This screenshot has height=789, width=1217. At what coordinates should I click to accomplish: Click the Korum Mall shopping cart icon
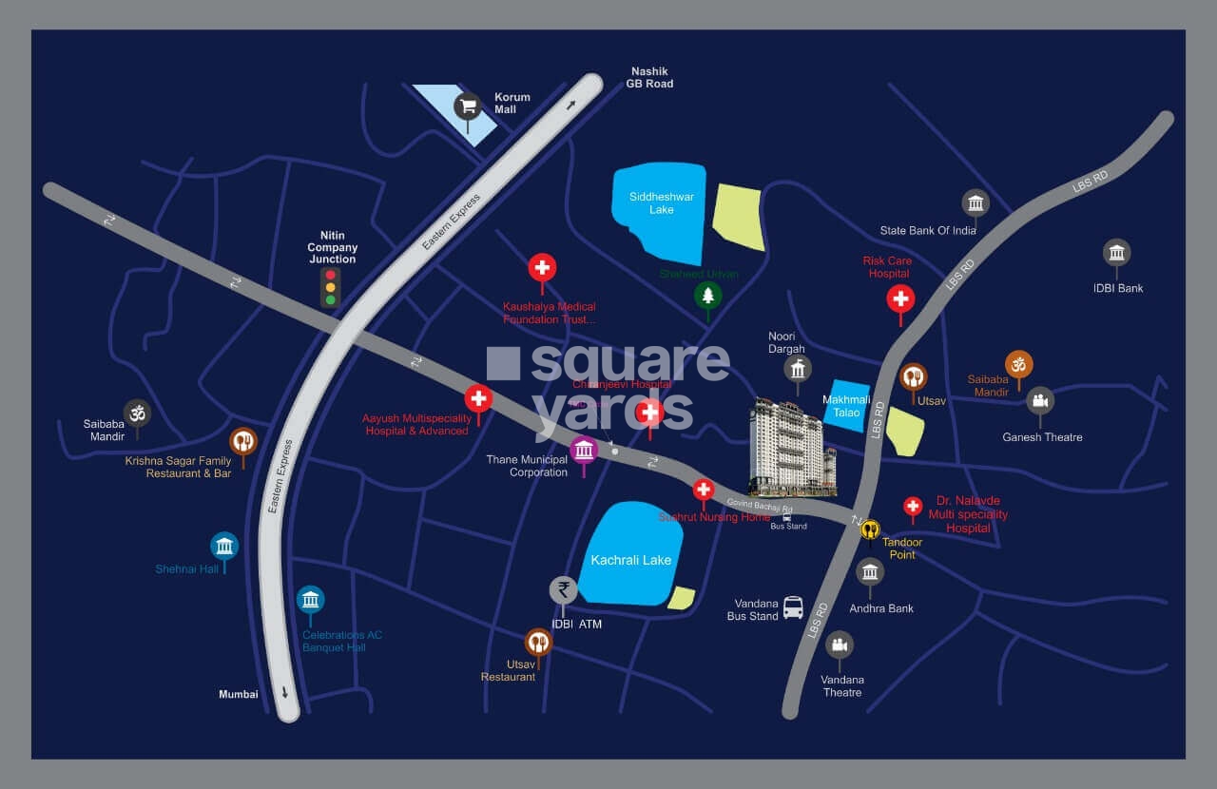[x=467, y=106]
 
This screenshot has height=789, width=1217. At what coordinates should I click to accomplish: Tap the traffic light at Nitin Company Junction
[x=330, y=287]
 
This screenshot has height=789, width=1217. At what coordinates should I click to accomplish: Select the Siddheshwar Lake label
[x=661, y=202]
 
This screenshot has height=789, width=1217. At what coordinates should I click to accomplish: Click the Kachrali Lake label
[x=630, y=560]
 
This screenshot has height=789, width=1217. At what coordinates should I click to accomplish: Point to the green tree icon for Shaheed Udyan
[x=706, y=296]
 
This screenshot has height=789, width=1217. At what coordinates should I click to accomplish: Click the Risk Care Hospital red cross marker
[x=900, y=298]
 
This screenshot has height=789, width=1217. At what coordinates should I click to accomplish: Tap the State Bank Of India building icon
[x=975, y=202]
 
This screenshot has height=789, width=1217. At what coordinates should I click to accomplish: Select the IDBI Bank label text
[x=1118, y=288]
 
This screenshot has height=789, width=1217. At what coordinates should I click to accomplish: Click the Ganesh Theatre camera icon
[x=1040, y=399]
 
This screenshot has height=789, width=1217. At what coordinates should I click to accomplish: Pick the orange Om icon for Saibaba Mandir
[x=1018, y=364]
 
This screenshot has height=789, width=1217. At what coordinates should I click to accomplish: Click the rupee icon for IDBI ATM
[x=564, y=590]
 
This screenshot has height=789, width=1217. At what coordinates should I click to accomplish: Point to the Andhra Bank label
[x=880, y=608]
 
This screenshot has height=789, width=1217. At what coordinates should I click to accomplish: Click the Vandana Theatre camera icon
[x=839, y=645]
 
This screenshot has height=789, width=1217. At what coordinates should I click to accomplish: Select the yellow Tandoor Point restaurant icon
[x=870, y=529]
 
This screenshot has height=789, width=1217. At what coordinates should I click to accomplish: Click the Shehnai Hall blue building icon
[x=224, y=546]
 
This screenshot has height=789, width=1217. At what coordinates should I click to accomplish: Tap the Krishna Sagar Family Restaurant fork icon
[x=243, y=441]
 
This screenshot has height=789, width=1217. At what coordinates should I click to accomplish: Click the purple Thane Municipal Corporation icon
[x=584, y=450]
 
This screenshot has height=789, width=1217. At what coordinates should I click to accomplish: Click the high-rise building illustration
[x=791, y=447]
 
